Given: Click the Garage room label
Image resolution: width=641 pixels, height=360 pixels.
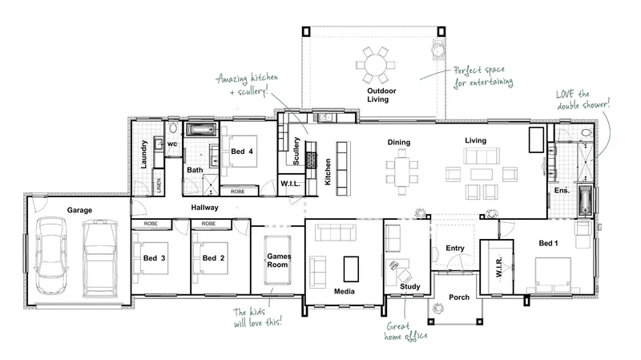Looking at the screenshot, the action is [79, 210].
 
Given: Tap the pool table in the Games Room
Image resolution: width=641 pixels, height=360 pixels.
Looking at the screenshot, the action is [278, 260].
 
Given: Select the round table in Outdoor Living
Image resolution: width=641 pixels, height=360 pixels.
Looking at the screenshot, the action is [375, 65].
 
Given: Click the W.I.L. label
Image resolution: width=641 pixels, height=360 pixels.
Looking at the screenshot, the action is [290, 184].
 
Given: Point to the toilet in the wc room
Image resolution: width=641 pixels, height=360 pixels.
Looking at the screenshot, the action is [173, 127].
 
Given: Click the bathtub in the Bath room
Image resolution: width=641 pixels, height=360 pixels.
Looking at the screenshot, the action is [201, 130].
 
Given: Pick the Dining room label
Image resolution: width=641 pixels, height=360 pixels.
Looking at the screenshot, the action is [398, 142].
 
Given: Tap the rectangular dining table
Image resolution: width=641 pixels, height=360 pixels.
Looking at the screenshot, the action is [401, 172].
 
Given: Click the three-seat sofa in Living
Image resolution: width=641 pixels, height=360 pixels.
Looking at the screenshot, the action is [482, 156].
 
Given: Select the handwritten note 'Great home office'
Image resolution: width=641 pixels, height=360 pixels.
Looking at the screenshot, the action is [405, 331].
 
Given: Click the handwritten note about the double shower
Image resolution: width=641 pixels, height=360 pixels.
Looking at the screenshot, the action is [583, 99].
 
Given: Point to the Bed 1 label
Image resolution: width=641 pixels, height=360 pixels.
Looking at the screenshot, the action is [548, 243].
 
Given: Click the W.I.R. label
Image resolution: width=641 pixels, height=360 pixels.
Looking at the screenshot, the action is [499, 267].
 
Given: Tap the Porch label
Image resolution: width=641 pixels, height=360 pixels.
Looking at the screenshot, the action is [459, 297].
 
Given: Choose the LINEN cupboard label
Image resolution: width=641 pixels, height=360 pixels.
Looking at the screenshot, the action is [159, 185].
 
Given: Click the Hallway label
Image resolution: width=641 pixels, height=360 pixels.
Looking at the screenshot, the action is [204, 208].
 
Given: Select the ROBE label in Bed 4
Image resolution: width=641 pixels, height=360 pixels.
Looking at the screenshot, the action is [237, 192].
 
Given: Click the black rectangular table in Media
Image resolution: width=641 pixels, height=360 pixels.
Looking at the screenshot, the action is [351, 269].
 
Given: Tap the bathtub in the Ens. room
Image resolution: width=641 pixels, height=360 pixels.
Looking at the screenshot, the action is [585, 201].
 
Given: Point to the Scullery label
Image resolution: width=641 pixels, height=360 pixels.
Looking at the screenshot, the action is [296, 151].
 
